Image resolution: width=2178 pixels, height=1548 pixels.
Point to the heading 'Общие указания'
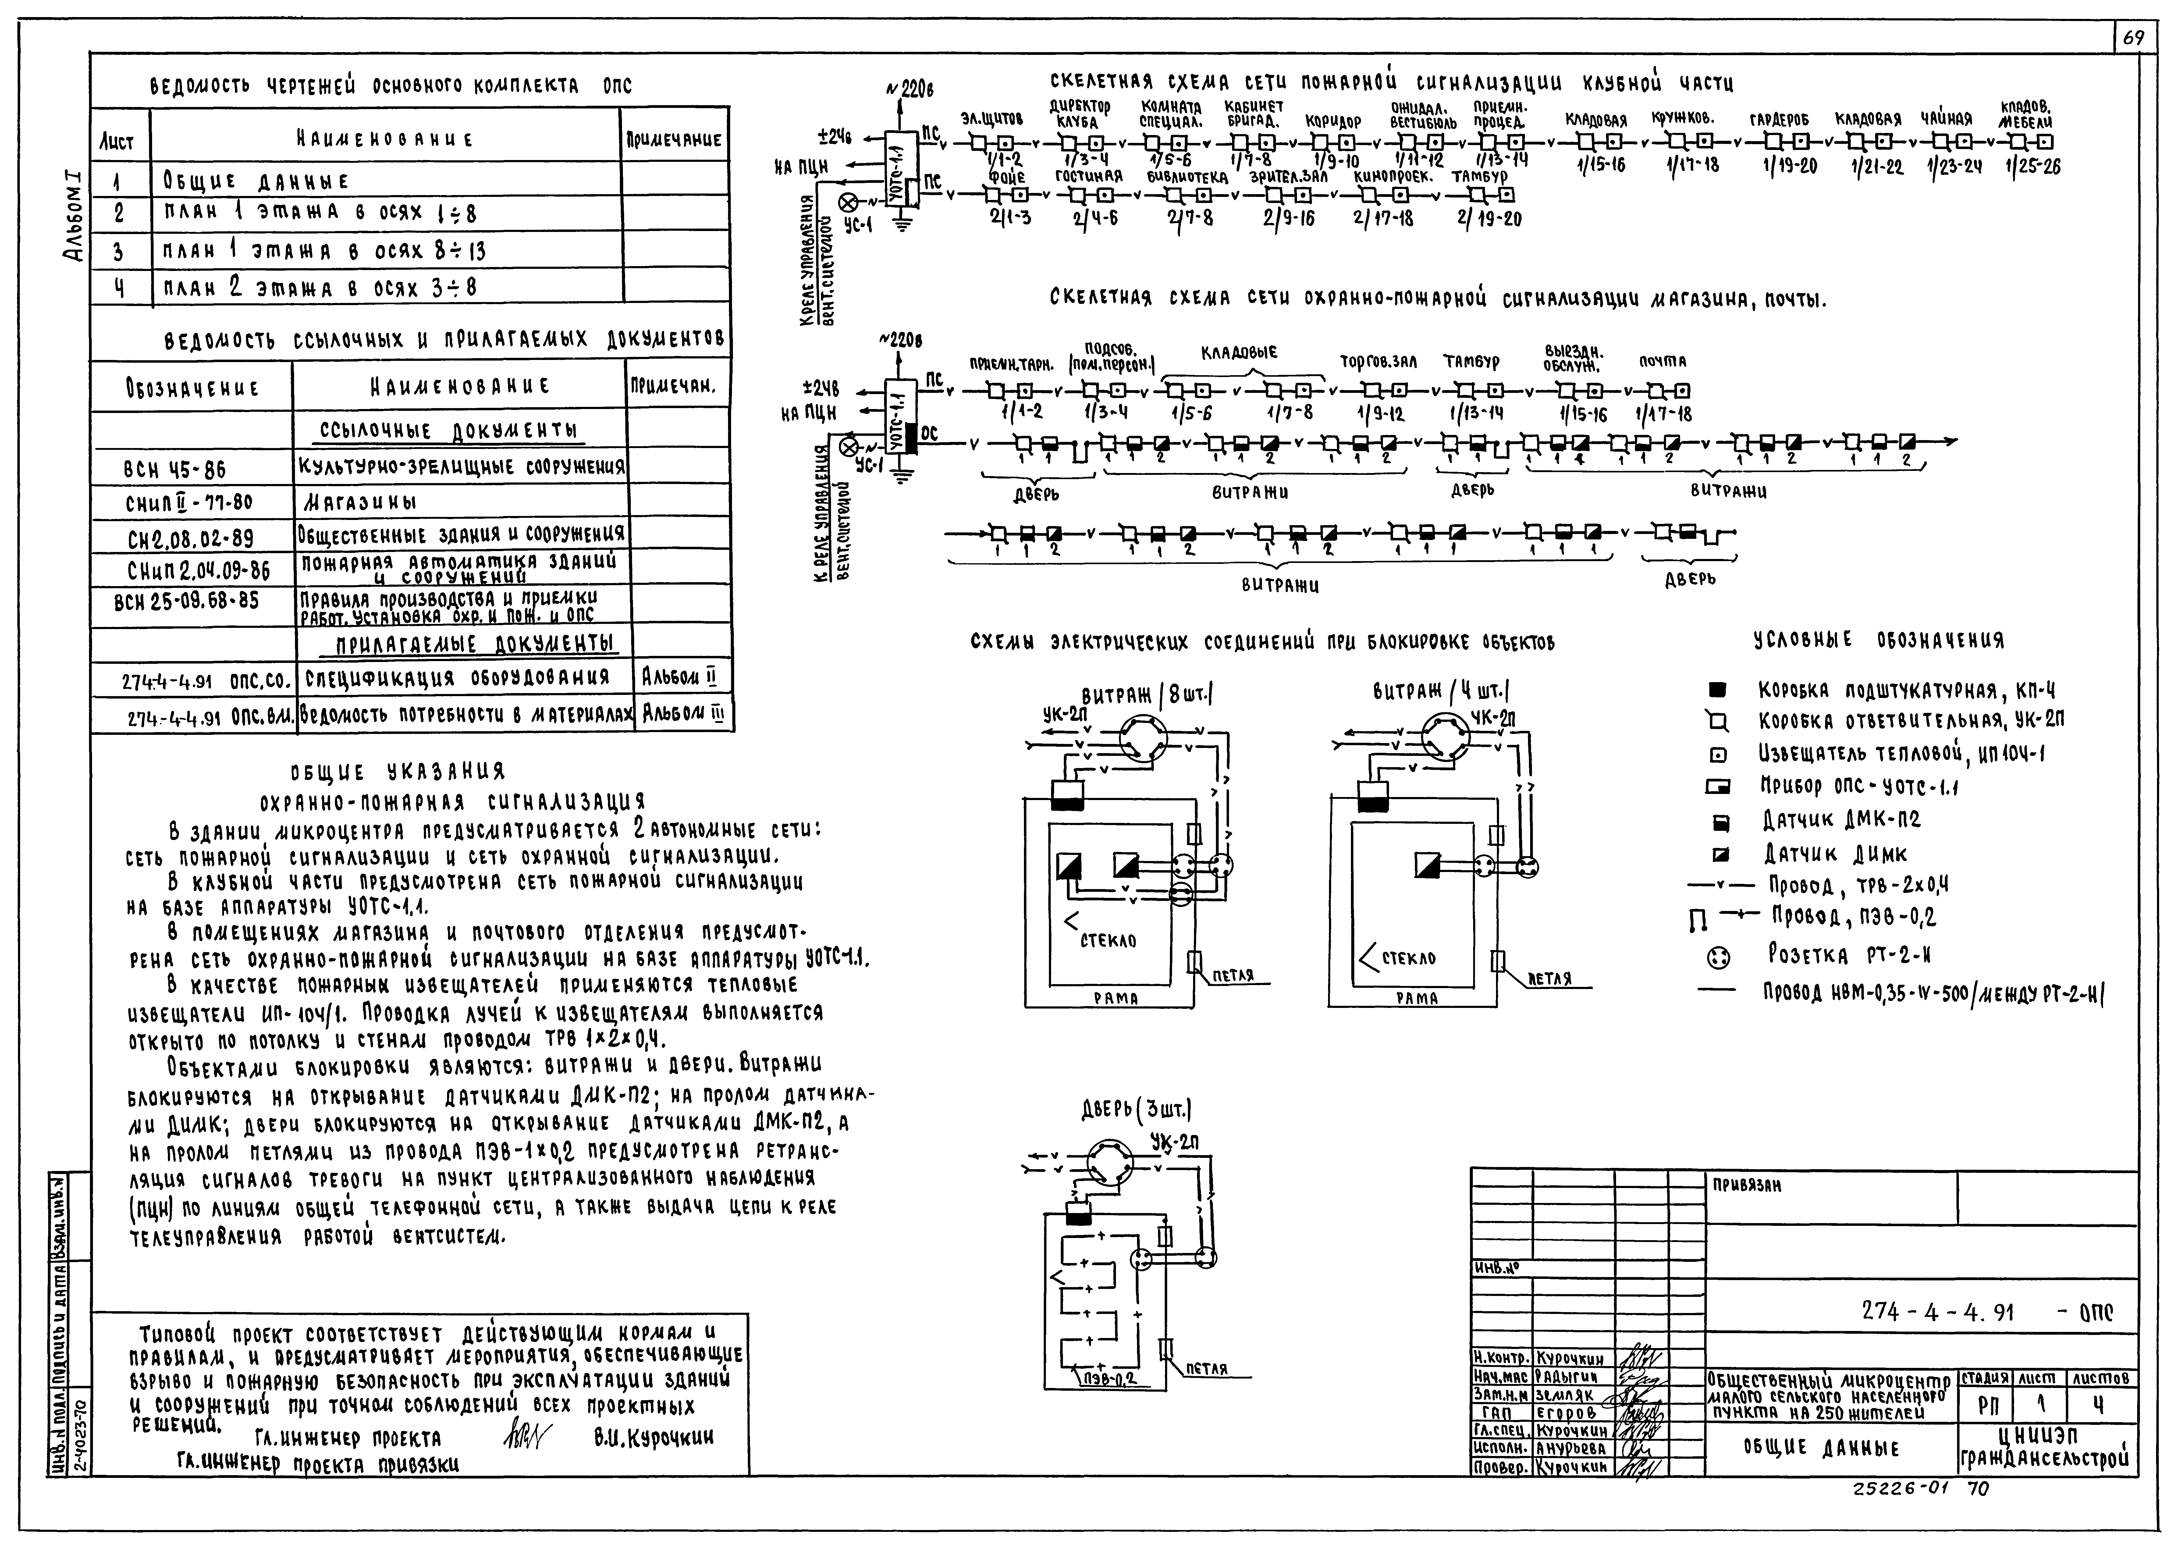click(398, 770)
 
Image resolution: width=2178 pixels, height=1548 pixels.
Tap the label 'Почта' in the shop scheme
click(1662, 362)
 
